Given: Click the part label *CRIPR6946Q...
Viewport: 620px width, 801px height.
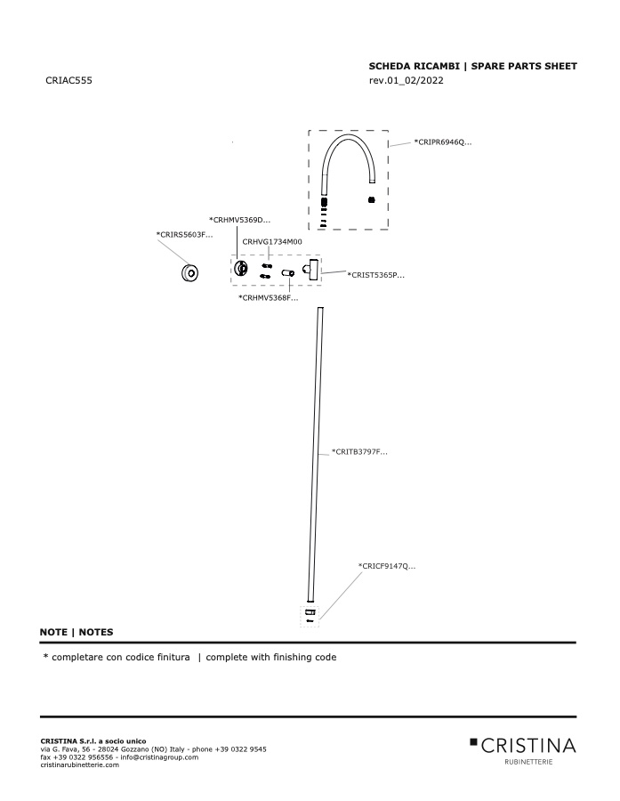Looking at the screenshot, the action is [x=443, y=142].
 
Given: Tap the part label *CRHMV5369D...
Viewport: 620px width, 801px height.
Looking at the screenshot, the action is [x=239, y=220].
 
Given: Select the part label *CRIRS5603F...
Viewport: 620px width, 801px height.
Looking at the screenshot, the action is [x=184, y=235].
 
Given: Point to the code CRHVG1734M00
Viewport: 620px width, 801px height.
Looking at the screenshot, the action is [x=271, y=241].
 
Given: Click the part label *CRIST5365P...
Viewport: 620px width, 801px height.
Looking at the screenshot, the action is [x=376, y=275].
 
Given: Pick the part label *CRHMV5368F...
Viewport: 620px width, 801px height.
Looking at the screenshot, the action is [x=268, y=298].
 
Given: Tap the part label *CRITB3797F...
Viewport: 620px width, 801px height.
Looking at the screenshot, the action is [x=359, y=451].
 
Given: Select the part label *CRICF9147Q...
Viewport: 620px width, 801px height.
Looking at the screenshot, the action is [x=387, y=566].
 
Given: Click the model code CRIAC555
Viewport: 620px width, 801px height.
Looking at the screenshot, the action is [x=69, y=80].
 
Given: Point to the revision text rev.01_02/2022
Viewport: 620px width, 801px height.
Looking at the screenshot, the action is [x=406, y=80].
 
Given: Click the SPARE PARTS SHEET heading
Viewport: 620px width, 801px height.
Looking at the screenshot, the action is [x=524, y=66].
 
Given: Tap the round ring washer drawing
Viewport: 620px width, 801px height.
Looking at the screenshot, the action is [x=189, y=273].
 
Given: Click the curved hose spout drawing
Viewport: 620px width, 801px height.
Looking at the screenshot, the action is [x=348, y=137].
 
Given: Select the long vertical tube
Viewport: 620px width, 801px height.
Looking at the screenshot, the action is [x=315, y=455].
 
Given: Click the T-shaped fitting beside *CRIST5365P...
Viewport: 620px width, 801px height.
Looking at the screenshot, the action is [x=311, y=269].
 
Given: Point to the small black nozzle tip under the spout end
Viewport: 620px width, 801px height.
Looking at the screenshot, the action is [x=371, y=199].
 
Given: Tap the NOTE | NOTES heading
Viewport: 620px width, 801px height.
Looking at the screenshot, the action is [x=76, y=632].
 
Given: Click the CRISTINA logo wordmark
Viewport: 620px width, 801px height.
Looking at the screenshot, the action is [x=523, y=746].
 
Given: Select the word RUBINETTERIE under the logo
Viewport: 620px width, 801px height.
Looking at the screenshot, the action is [x=528, y=762].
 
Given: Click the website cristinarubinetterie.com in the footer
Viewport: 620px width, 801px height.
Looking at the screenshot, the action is [x=80, y=765].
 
